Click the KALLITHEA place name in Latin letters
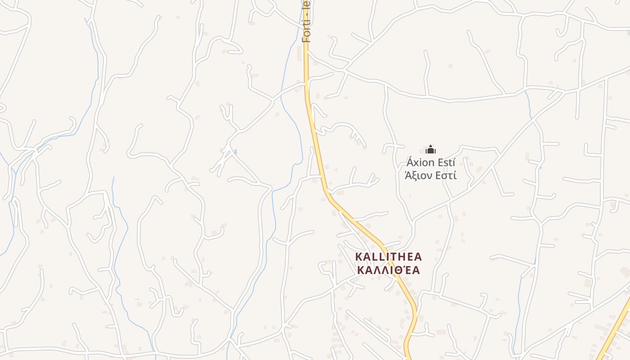point(388,257)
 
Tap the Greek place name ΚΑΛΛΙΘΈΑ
point(388,270)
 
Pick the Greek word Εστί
point(445,175)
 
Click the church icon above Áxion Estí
point(431,149)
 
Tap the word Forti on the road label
point(306,31)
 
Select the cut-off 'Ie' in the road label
point(306,4)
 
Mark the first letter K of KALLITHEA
point(359,257)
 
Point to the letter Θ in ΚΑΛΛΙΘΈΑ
point(399,270)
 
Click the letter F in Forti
point(306,39)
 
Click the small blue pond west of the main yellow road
point(235,153)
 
